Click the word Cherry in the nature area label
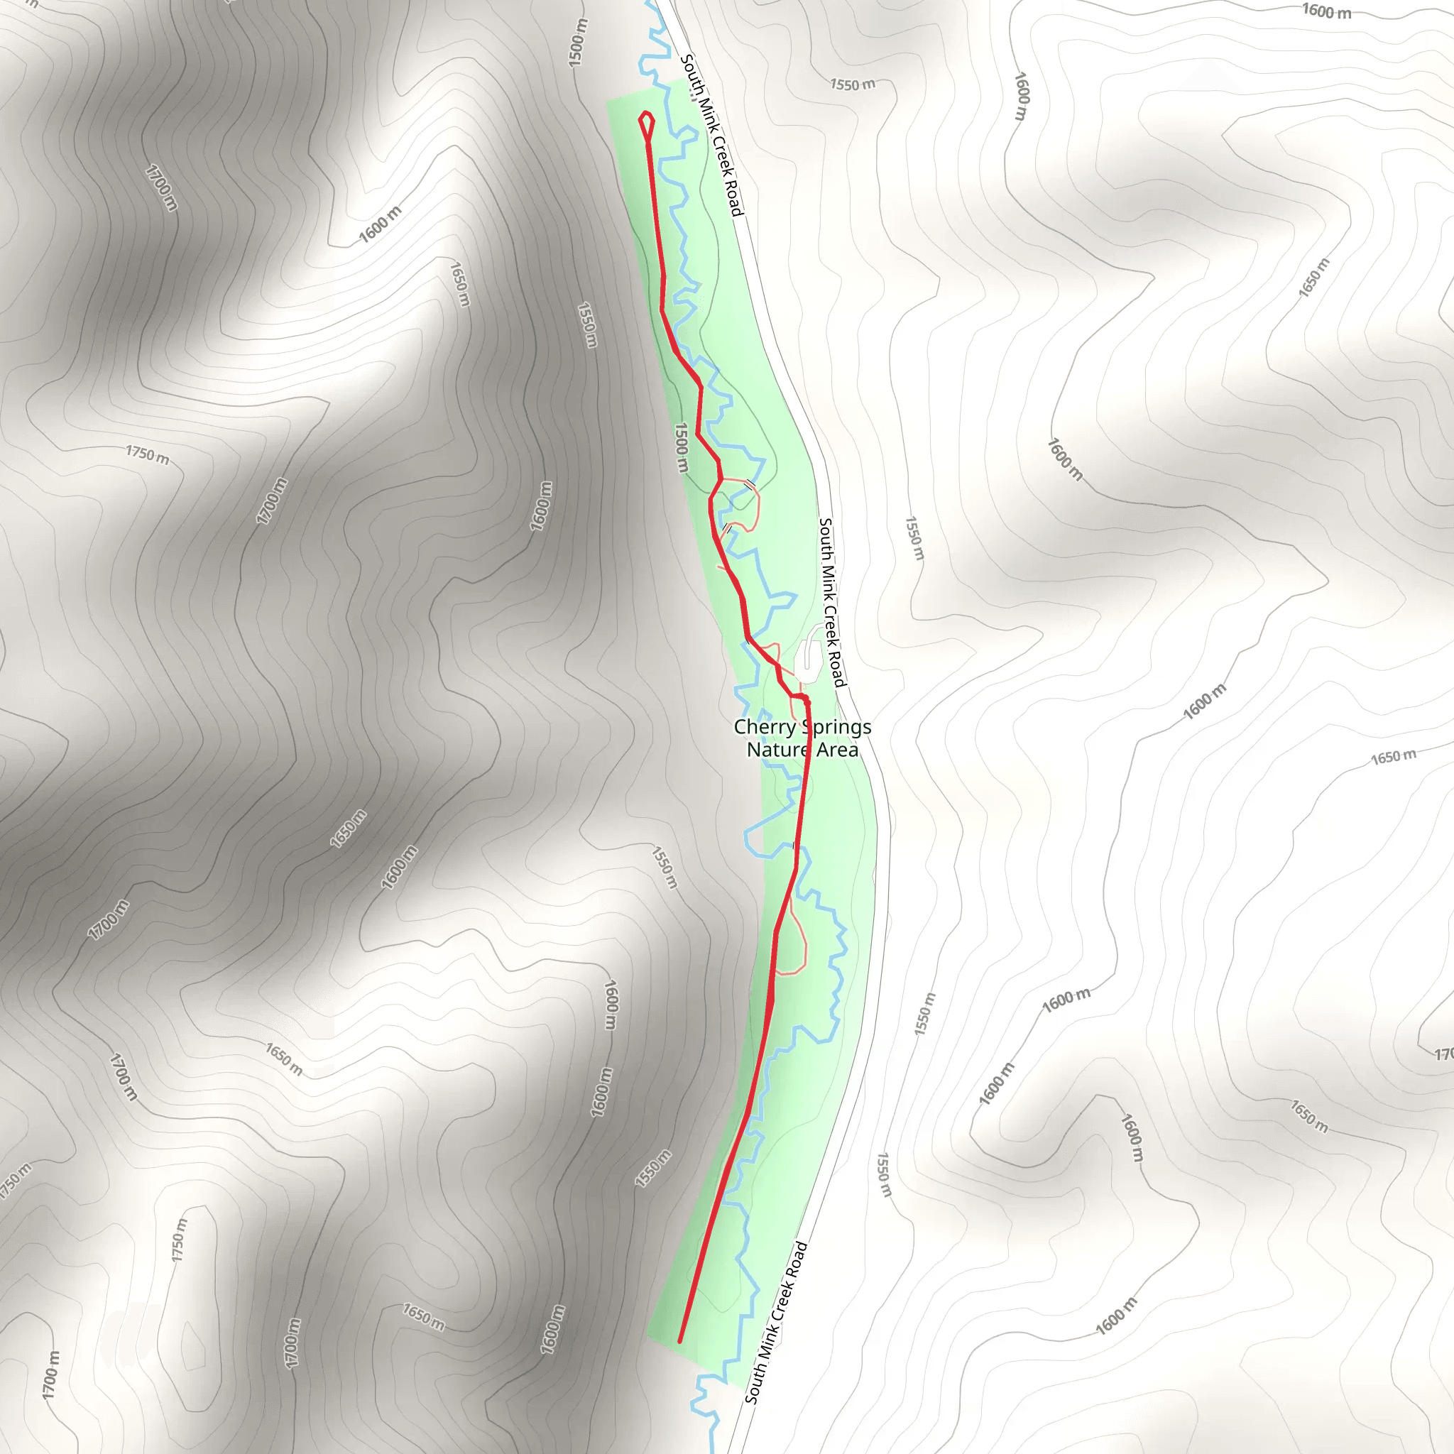[765, 727]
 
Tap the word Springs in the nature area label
[837, 727]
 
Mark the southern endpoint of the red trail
[679, 1341]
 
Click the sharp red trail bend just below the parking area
[805, 700]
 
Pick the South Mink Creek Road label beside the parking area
[831, 601]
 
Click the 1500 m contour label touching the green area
[681, 448]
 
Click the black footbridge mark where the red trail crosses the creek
[794, 845]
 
